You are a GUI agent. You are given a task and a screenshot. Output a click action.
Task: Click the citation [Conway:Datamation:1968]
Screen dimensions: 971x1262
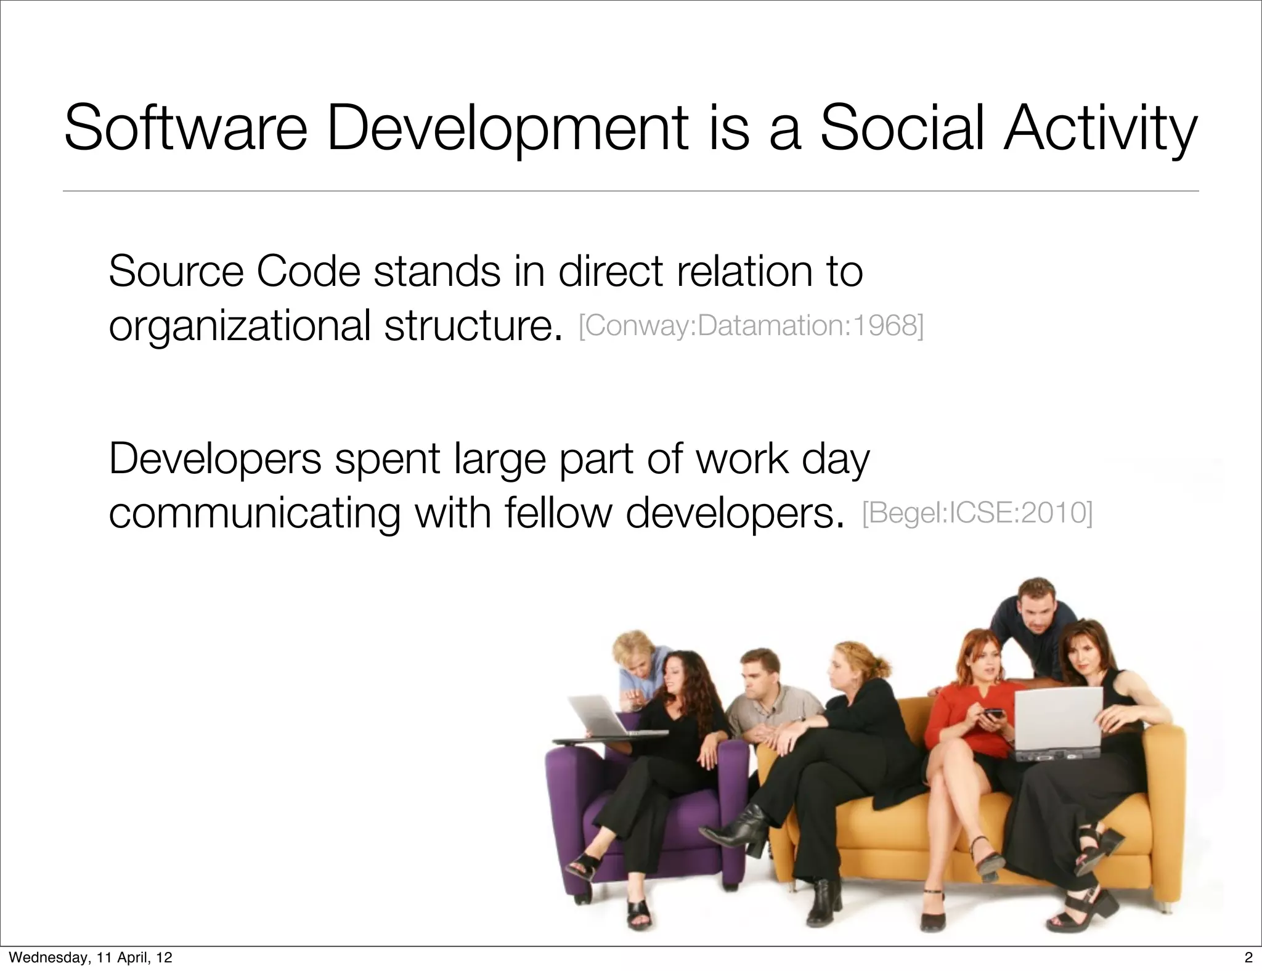point(751,326)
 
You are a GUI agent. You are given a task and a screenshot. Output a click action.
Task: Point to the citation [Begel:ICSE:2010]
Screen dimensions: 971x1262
point(977,513)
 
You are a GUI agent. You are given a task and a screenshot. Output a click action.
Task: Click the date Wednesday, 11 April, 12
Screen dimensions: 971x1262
point(91,957)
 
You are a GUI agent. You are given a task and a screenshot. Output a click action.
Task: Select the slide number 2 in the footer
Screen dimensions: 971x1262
point(1248,957)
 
